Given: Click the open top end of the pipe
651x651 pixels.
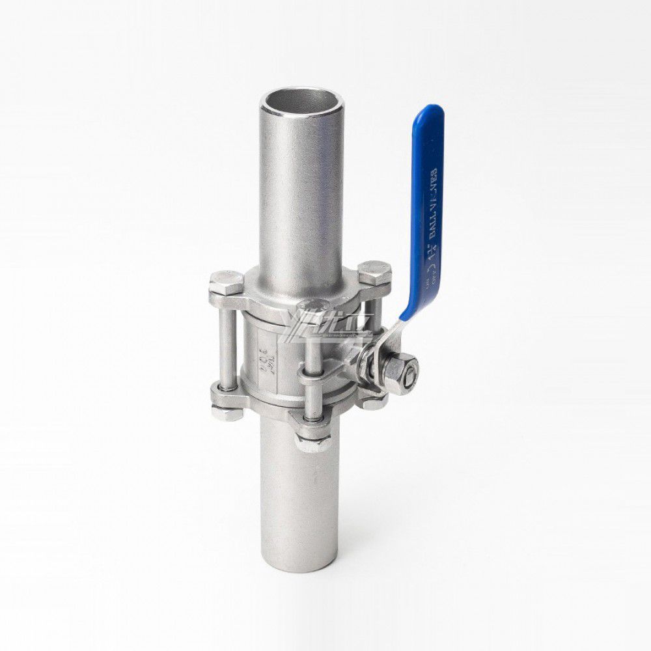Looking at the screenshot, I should pyautogui.click(x=300, y=104).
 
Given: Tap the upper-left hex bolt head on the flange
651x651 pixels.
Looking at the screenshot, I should pyautogui.click(x=226, y=282).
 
